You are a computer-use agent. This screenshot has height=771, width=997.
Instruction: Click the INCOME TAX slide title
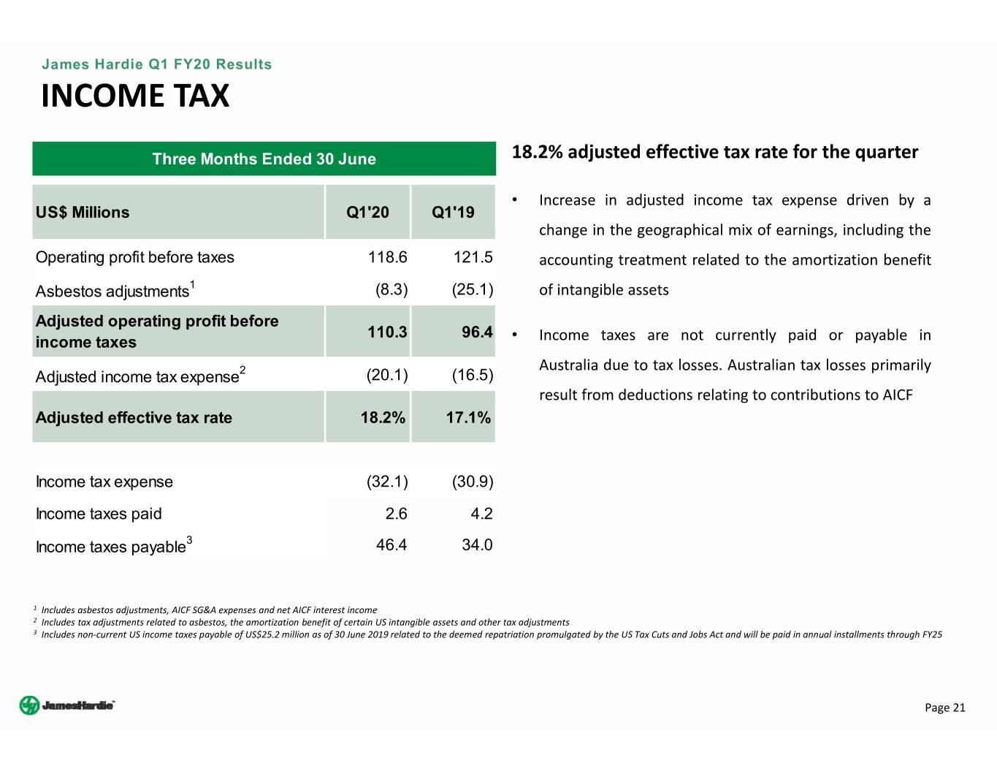coord(135,96)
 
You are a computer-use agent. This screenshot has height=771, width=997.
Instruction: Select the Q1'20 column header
coord(367,213)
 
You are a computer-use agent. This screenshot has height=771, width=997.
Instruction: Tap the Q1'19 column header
coord(453,213)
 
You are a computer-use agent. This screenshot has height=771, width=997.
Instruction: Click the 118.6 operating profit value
coord(387,257)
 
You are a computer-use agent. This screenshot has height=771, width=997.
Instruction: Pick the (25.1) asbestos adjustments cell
coord(472,289)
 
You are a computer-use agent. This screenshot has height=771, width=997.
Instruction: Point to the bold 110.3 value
coord(386,333)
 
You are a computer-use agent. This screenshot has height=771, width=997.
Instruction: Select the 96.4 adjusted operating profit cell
coord(477,333)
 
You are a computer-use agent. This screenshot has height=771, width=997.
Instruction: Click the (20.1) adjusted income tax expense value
coord(386,376)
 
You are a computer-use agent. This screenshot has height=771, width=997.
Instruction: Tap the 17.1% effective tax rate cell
coord(468,418)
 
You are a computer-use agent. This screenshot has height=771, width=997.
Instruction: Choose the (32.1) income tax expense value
coord(386,482)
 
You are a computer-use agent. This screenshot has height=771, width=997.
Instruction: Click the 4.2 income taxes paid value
coord(481,514)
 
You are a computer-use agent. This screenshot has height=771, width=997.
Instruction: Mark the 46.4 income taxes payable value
coord(391,545)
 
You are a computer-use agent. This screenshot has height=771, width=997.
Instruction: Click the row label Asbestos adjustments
coord(112,292)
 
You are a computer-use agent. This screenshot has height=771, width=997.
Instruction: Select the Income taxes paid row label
coord(99,514)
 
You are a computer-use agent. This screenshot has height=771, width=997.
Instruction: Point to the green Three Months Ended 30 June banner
coord(264,159)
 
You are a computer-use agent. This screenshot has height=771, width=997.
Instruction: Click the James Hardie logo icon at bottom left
coord(29,705)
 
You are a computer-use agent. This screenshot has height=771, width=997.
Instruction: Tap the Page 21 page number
coord(944,707)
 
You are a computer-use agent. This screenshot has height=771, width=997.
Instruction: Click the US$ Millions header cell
coord(83,213)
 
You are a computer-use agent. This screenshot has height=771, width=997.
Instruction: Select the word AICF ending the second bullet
coord(897,395)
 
